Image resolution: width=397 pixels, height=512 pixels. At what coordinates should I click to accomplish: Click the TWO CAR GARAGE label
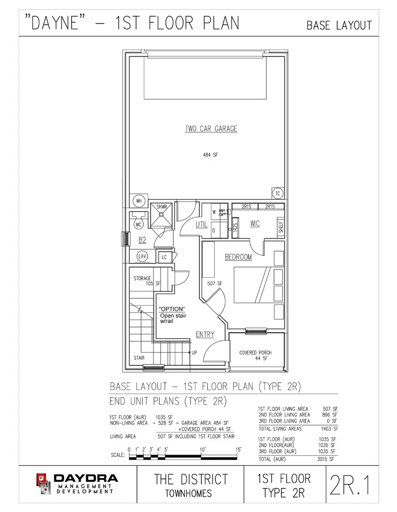point(211,129)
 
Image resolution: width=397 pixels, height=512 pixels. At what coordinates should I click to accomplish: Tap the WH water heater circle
point(139,201)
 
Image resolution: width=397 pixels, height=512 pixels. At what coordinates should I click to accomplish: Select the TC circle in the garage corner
point(277,193)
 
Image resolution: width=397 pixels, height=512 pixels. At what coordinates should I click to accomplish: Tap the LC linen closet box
point(164,257)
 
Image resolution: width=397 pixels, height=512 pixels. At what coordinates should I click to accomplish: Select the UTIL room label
point(202,225)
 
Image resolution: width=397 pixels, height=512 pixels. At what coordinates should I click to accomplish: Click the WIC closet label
point(255,224)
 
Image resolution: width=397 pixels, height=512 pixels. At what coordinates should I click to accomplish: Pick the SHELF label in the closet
point(281,227)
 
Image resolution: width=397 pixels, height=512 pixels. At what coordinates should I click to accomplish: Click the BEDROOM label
point(238,257)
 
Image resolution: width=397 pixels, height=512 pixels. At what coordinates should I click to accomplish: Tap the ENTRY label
point(205,335)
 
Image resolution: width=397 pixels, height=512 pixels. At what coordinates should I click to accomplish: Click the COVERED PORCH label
point(255,353)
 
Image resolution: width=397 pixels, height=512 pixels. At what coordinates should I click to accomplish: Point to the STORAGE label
point(142,279)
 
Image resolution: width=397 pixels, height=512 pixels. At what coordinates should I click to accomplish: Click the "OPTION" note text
point(172,309)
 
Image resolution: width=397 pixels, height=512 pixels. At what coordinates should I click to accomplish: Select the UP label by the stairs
point(195,353)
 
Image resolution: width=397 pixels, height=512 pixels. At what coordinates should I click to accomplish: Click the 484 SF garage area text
point(211,155)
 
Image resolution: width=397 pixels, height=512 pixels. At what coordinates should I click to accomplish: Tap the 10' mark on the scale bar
point(202,449)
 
